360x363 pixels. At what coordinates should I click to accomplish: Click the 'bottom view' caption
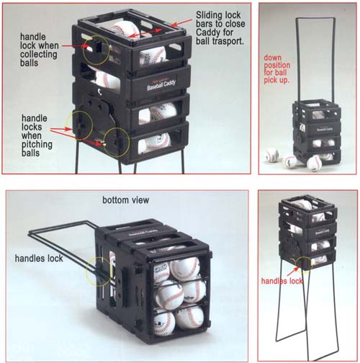click(x=125, y=200)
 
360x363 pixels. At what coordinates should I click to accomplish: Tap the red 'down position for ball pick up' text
click(x=276, y=69)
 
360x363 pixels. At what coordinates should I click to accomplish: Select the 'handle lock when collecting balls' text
click(x=39, y=50)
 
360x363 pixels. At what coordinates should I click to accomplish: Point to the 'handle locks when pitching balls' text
click(x=37, y=135)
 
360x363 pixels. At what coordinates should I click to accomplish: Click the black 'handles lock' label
click(x=39, y=259)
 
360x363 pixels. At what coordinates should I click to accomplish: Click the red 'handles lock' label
click(x=282, y=281)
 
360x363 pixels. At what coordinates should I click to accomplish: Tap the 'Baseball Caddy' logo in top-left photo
click(x=161, y=84)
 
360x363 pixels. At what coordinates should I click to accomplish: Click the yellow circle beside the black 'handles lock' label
click(x=99, y=272)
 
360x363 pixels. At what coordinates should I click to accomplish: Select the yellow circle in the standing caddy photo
click(x=303, y=263)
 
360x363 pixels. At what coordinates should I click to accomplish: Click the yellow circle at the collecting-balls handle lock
click(x=96, y=50)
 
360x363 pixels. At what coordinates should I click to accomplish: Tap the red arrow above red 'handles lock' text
click(x=293, y=272)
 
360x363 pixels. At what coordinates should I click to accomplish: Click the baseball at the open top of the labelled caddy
click(x=125, y=29)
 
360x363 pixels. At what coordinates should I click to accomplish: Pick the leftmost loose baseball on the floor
click(x=272, y=156)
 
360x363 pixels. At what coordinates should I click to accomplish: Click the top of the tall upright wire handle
click(x=315, y=18)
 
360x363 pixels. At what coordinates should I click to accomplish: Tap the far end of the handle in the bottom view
click(x=30, y=233)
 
